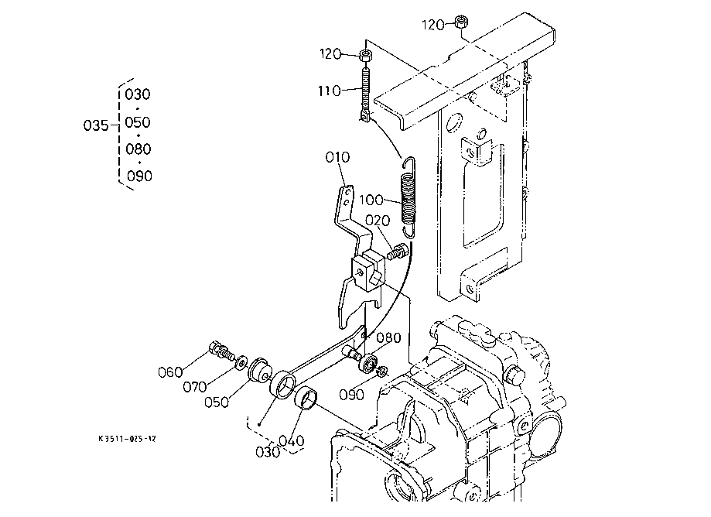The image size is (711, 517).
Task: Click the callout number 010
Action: [337, 157]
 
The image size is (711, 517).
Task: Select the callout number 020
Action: [378, 221]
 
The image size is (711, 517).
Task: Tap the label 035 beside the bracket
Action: [96, 125]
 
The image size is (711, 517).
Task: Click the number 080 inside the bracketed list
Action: [138, 149]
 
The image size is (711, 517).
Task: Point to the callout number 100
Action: [371, 200]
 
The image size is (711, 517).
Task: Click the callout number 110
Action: [330, 91]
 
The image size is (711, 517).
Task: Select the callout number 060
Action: [170, 372]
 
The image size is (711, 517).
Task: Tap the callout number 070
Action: [195, 387]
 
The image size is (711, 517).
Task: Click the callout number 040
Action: [291, 441]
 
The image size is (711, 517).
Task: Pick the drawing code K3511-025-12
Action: [128, 439]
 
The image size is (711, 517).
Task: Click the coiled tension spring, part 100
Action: [408, 197]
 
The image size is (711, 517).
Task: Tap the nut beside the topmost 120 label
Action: [462, 22]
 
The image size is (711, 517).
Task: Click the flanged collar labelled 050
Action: [259, 371]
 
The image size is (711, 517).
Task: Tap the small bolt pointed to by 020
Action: [396, 251]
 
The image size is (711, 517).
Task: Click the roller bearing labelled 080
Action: [368, 363]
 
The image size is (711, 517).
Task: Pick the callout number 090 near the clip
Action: [351, 395]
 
